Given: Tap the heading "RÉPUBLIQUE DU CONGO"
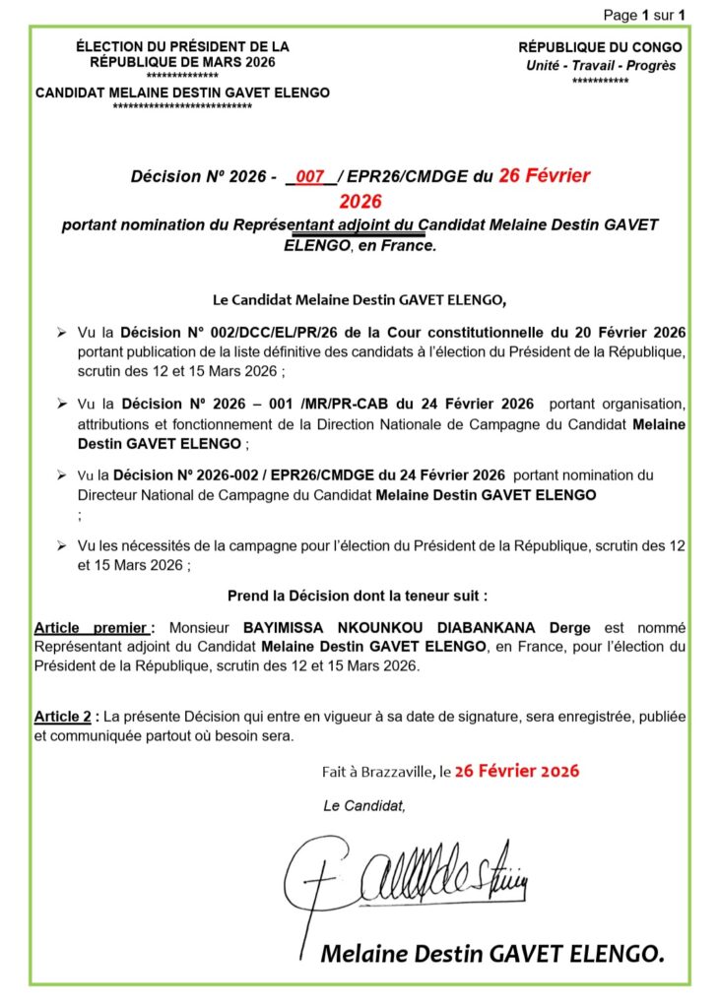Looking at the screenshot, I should (600, 47).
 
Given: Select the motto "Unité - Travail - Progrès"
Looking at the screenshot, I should (600, 65).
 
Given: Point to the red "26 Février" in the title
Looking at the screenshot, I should (544, 176).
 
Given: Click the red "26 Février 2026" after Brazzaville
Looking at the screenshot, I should (516, 771).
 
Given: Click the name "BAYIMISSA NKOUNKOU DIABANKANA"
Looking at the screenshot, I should (391, 626).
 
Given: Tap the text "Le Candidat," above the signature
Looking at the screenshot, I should (363, 806).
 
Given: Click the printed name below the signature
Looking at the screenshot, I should (492, 953).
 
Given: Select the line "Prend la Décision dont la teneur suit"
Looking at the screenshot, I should (358, 596).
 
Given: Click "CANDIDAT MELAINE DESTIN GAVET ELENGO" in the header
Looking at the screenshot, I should (182, 93).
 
